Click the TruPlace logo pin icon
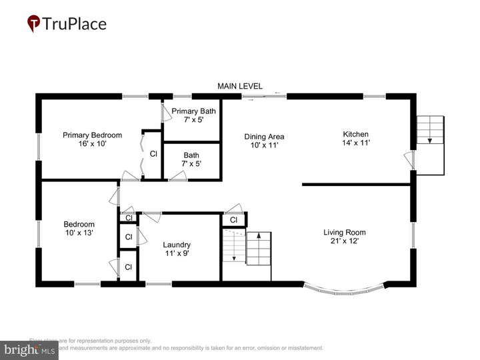click(33, 24)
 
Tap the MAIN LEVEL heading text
click(240, 87)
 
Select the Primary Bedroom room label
click(92, 139)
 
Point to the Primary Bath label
click(193, 115)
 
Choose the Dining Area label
click(263, 141)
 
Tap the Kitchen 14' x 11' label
click(355, 138)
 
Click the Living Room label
click(345, 237)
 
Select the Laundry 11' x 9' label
click(177, 249)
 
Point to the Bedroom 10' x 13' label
click(79, 229)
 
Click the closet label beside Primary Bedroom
click(153, 154)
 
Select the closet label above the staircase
click(233, 220)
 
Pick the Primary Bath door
click(163, 112)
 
